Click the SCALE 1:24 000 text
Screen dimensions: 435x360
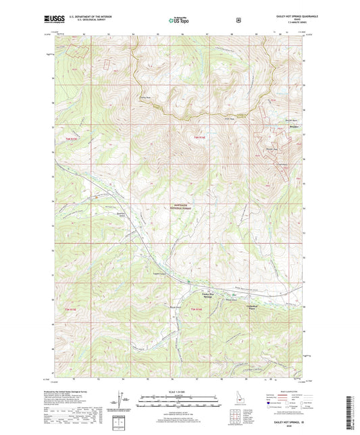tap(180, 392)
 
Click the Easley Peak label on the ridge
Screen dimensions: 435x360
tap(144, 97)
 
